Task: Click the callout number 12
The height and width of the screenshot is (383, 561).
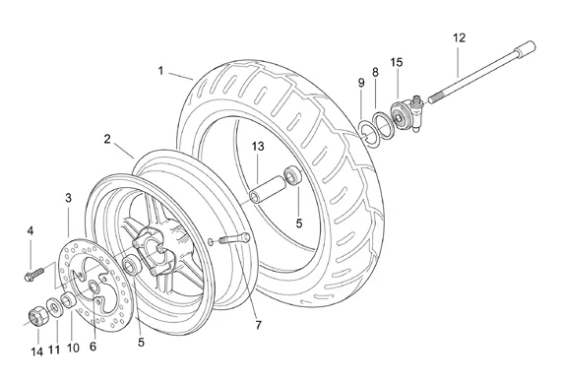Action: (x=460, y=38)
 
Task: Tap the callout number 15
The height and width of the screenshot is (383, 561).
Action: (x=397, y=62)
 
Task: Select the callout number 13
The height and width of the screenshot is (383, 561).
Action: (x=258, y=147)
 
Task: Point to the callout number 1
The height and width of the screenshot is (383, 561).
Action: (x=160, y=71)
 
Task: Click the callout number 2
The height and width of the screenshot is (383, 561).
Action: (x=107, y=139)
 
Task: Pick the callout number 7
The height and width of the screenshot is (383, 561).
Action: (x=258, y=325)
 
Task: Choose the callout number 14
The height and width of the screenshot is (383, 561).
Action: (x=36, y=351)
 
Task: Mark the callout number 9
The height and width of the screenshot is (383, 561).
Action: (x=361, y=83)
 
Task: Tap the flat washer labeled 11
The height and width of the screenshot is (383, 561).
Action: (x=55, y=307)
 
